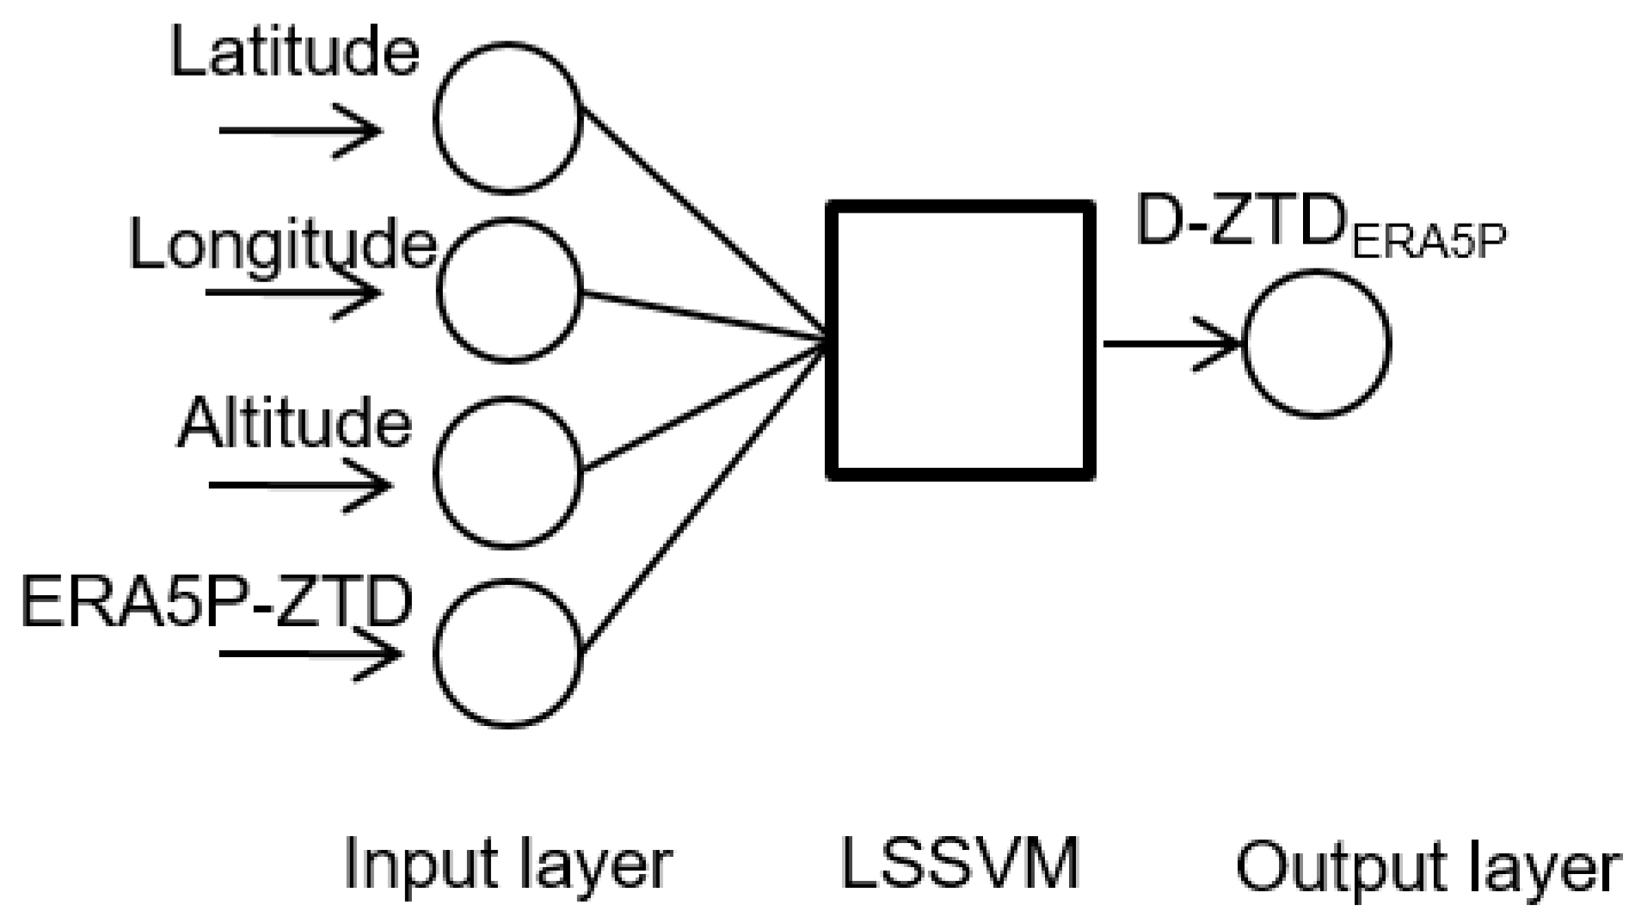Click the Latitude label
(x=295, y=52)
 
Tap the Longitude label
(x=282, y=244)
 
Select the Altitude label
(x=294, y=423)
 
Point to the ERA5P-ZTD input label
(x=216, y=602)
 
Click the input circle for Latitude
(x=507, y=118)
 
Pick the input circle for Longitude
(x=509, y=289)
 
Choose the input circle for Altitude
(x=507, y=471)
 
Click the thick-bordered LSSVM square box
(x=960, y=340)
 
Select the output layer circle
(x=1316, y=344)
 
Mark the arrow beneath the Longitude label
(x=292, y=292)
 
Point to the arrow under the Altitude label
(x=301, y=485)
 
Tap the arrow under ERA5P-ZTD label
(x=310, y=654)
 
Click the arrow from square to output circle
(x=1170, y=344)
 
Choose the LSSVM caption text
(x=959, y=863)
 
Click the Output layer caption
(x=1428, y=867)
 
